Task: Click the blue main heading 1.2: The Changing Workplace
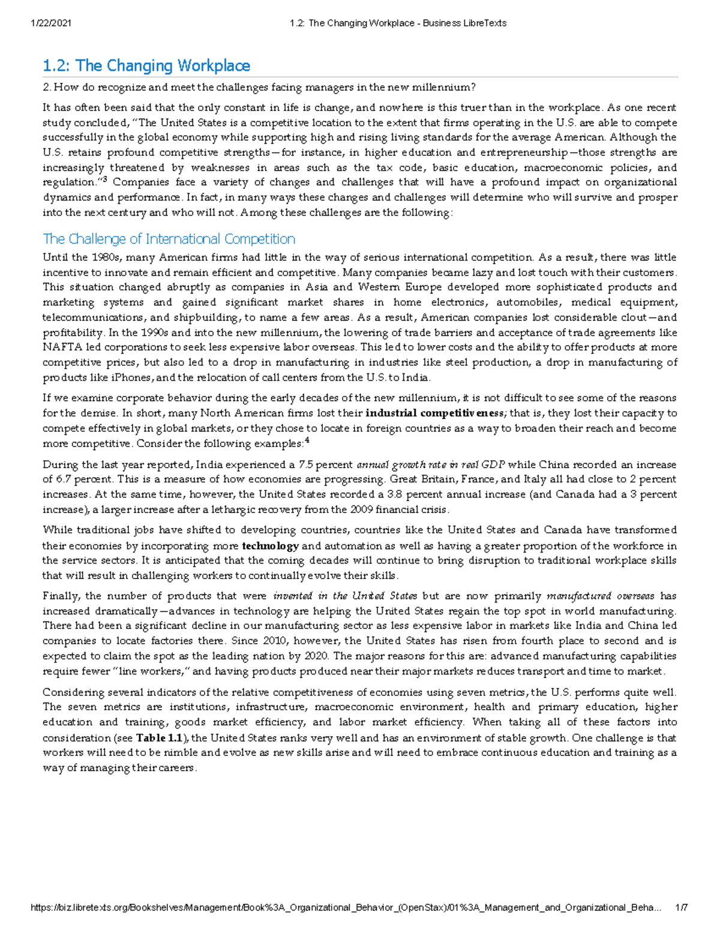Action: (x=146, y=65)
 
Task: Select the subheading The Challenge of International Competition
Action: (x=169, y=239)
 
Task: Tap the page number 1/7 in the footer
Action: (x=681, y=908)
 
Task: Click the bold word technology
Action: (x=270, y=546)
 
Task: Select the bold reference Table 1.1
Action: (x=160, y=737)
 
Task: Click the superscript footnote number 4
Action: (x=307, y=441)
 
